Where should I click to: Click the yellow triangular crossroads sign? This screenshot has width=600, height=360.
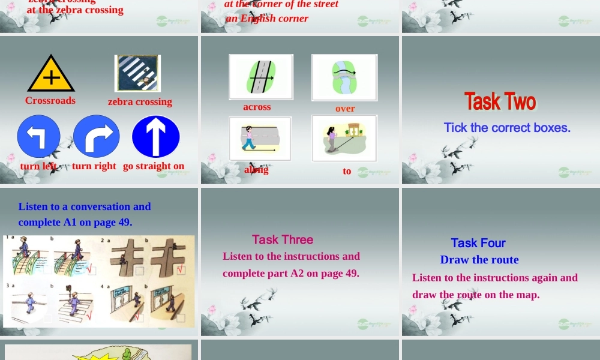(x=51, y=74)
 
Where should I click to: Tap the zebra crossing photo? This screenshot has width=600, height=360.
(x=137, y=73)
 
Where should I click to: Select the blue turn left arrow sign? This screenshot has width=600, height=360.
(x=38, y=137)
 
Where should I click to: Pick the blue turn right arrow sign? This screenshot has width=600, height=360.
(x=97, y=137)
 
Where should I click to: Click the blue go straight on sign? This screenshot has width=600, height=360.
(x=155, y=137)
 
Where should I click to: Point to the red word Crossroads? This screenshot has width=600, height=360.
(x=50, y=101)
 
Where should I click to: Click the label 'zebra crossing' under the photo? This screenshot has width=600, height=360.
(x=140, y=102)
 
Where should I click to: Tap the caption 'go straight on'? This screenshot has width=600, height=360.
(x=154, y=166)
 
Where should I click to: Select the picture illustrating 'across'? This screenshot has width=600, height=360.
(x=261, y=77)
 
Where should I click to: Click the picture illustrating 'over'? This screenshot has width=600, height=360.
(x=344, y=77)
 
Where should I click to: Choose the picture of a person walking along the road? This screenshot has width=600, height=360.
(x=260, y=138)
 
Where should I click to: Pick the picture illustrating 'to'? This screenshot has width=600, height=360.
(x=344, y=138)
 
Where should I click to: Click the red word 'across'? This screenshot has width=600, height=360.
(x=257, y=107)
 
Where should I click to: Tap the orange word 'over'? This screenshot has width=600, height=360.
(x=345, y=109)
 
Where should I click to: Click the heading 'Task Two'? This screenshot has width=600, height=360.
(x=500, y=101)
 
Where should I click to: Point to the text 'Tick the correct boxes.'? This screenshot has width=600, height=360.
(x=507, y=128)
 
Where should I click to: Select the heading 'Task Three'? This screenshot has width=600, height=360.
(x=283, y=240)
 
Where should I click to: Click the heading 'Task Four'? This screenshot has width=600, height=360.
(x=478, y=243)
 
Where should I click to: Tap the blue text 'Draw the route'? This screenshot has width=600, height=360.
(x=479, y=260)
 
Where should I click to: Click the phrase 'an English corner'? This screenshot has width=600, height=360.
(x=267, y=19)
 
